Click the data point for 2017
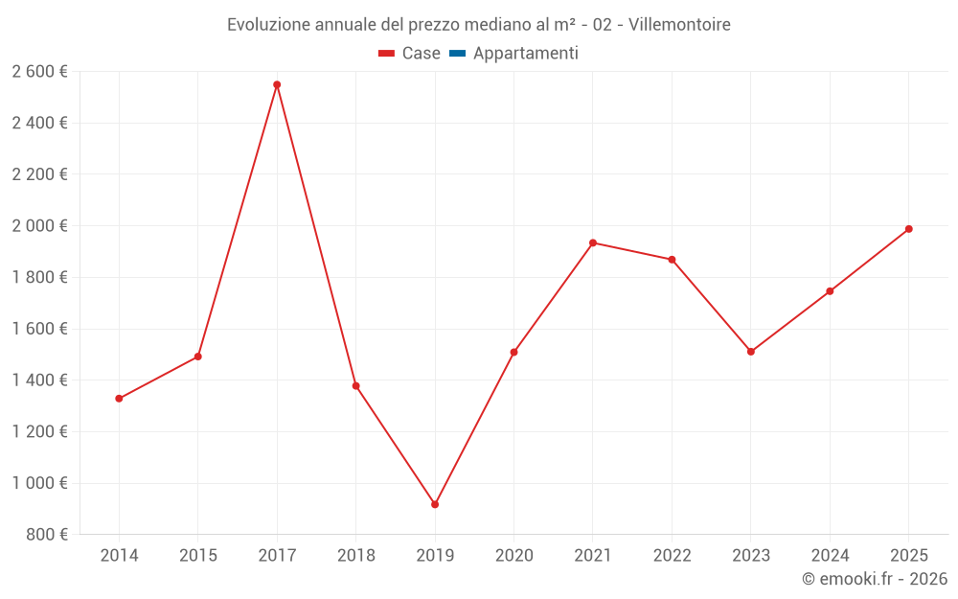(x=277, y=84)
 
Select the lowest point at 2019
(x=435, y=504)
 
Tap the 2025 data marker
(x=908, y=229)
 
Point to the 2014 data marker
(x=119, y=399)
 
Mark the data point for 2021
(x=593, y=242)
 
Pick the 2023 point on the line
(x=751, y=352)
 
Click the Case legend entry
(x=409, y=54)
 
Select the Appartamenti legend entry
(x=513, y=54)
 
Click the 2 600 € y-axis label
(x=39, y=71)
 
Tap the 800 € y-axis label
(x=47, y=534)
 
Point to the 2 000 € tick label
(x=39, y=225)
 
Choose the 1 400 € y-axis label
(x=39, y=380)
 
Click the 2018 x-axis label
(x=355, y=556)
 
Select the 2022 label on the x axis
(x=672, y=556)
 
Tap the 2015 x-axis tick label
(x=198, y=556)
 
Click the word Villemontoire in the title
(x=679, y=25)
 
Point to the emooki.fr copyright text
(x=875, y=579)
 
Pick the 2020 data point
(x=513, y=352)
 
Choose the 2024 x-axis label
(x=830, y=556)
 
